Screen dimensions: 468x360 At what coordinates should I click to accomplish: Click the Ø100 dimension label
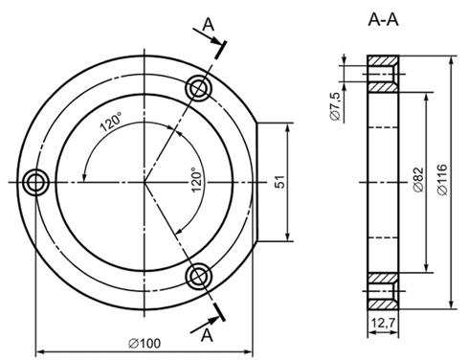(x=145, y=344)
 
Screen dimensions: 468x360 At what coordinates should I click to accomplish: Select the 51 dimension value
(x=279, y=182)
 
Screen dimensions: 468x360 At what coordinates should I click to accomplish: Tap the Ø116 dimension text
(x=442, y=179)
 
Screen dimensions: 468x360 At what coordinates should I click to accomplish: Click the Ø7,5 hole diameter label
(x=336, y=106)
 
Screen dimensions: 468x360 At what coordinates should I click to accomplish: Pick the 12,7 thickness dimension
(x=383, y=324)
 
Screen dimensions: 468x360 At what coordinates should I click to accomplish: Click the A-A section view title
(x=383, y=20)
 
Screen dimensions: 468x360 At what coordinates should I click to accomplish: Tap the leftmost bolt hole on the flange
(x=36, y=183)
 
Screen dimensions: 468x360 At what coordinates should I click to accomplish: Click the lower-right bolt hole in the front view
(x=199, y=277)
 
